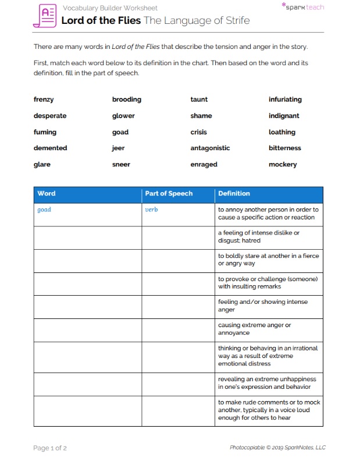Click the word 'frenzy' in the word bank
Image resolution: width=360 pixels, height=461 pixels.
(x=44, y=100)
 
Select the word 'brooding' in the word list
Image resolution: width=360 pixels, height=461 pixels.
(x=127, y=100)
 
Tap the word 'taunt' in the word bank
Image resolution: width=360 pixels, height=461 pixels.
(x=199, y=100)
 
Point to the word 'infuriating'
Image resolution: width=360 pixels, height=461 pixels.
(x=285, y=100)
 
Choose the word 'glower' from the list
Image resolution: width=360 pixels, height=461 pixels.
(x=123, y=116)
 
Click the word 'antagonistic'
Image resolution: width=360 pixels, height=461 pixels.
(x=210, y=148)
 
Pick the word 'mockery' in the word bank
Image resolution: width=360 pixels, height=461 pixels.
(x=283, y=164)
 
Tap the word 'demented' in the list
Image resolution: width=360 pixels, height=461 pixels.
(x=50, y=148)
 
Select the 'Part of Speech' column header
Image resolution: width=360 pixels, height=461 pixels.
(x=169, y=194)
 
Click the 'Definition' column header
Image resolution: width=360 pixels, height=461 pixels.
(x=234, y=194)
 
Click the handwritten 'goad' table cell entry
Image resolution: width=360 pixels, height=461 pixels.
(x=44, y=210)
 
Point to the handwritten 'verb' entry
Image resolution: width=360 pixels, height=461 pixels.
(x=151, y=210)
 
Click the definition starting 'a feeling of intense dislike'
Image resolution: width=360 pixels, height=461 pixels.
(x=259, y=236)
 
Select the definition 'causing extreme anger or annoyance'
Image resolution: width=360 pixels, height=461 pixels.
(x=254, y=329)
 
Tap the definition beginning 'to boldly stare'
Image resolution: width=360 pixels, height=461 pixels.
(x=268, y=260)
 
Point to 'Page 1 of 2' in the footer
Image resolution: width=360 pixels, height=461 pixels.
(x=50, y=448)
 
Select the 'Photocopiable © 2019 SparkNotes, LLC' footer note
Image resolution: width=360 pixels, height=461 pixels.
(x=277, y=448)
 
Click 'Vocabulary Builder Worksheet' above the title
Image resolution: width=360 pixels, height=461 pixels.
(x=109, y=8)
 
